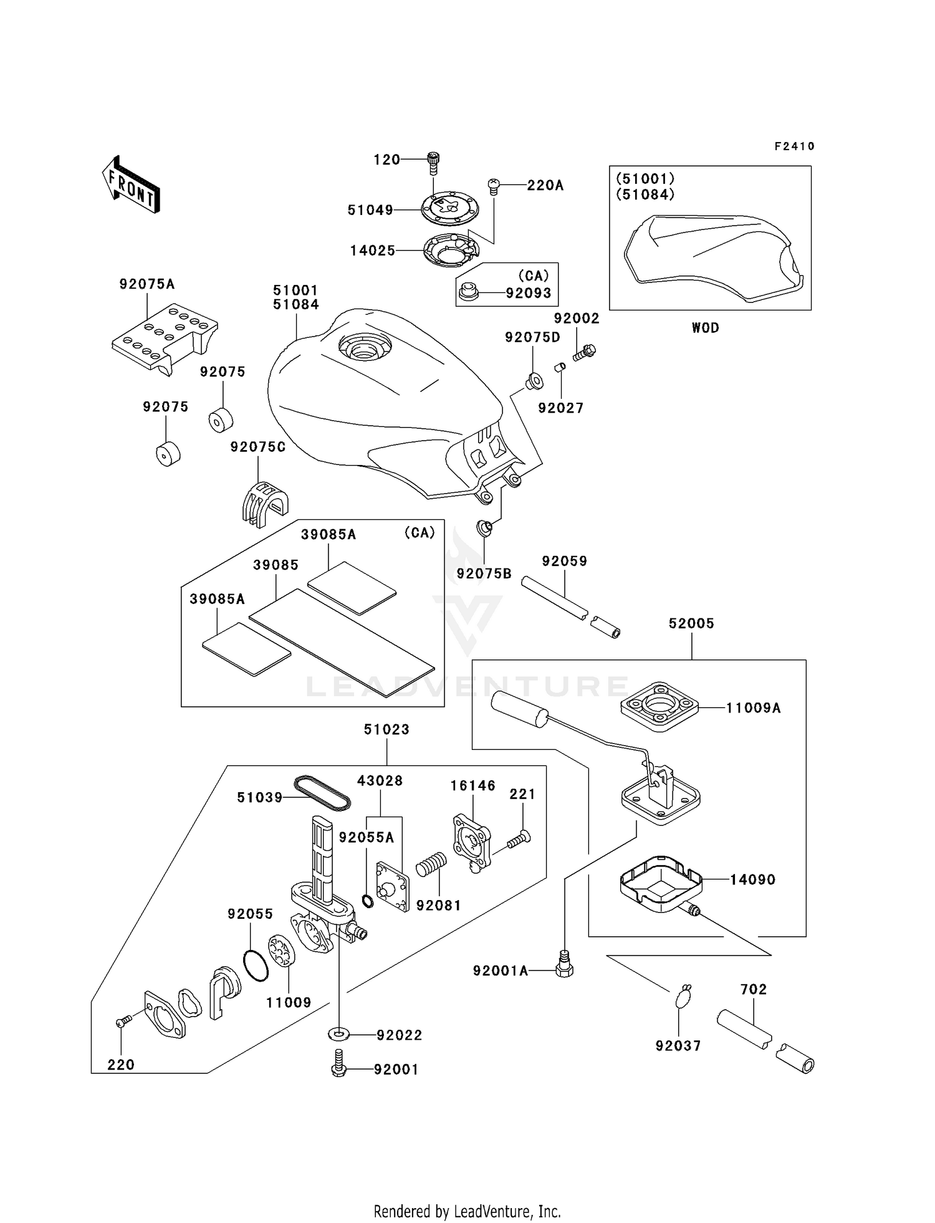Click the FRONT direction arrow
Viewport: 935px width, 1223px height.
coord(132,185)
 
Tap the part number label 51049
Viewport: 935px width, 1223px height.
coord(370,211)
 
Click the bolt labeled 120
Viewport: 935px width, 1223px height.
coord(433,163)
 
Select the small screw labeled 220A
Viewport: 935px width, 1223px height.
coord(492,185)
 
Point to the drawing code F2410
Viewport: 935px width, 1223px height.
coord(794,146)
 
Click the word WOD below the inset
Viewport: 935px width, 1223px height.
coord(705,328)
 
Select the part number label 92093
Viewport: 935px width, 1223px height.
coord(528,293)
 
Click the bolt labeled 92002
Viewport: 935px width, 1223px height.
coord(585,353)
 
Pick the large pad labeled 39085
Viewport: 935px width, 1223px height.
coord(342,642)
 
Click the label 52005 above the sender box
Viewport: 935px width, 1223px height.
coord(691,623)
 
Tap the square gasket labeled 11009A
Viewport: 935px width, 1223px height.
coord(659,707)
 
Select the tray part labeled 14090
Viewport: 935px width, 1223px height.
coord(661,884)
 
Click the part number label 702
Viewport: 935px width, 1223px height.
coord(753,989)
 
